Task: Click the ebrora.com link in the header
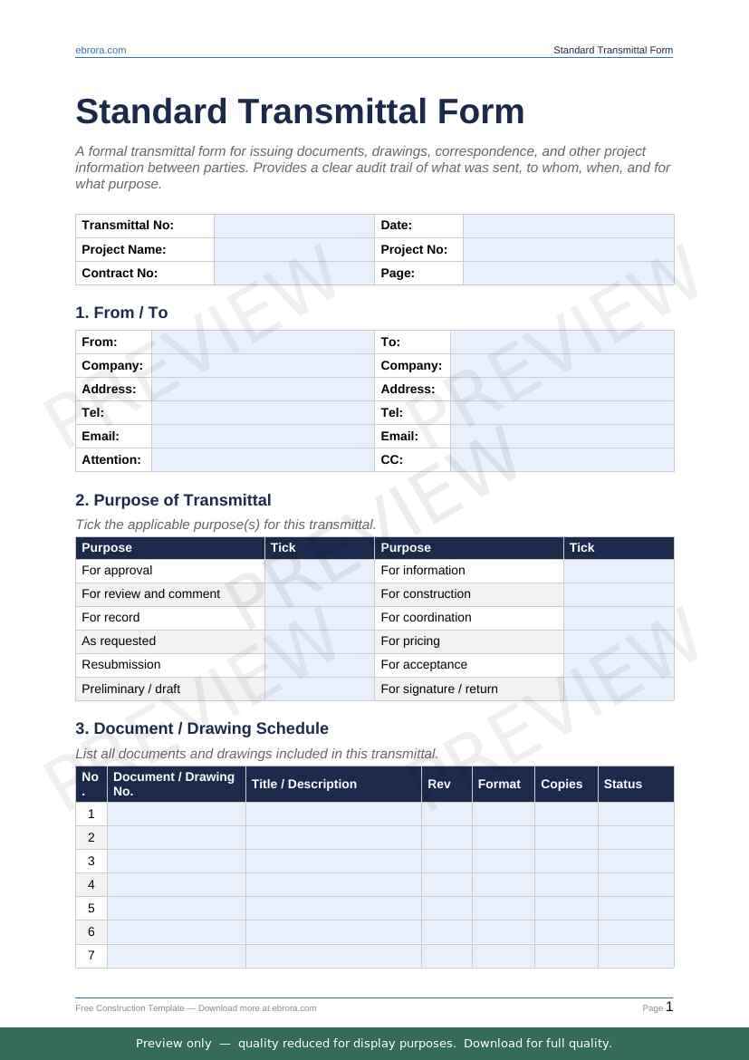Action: [101, 51]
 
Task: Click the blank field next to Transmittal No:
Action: [293, 226]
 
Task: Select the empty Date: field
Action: [568, 226]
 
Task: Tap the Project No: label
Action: [414, 249]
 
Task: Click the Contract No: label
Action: [120, 273]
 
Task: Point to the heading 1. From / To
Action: [121, 313]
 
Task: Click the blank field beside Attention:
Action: [263, 459]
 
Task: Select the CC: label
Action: [391, 459]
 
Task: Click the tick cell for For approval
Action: [319, 571]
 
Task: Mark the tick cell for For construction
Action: [619, 594]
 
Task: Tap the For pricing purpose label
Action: [410, 641]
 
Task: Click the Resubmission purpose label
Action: [121, 665]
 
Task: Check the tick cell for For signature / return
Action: [619, 689]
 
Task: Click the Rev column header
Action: [438, 785]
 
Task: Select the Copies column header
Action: [562, 785]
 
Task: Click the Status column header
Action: [622, 785]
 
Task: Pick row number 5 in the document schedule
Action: [91, 908]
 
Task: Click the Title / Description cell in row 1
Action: [333, 814]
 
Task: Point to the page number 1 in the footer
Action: [669, 1007]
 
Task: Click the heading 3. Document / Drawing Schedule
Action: [202, 728]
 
